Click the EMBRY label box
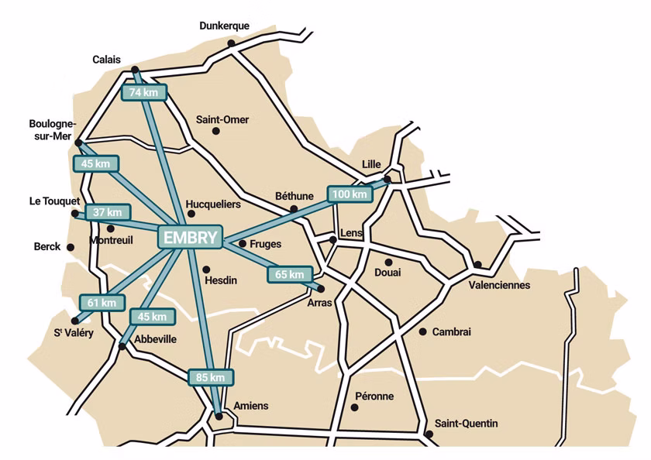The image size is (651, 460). [190, 238]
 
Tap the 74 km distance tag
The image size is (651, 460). [144, 92]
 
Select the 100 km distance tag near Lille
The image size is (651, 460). [350, 194]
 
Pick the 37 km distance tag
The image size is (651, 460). [108, 211]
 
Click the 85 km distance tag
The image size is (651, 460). [211, 377]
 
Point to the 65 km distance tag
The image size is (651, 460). [291, 274]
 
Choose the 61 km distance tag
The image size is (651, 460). [102, 302]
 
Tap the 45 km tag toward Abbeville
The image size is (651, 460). [151, 316]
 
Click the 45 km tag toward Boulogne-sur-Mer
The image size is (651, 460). [96, 163]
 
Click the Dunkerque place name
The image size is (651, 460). [224, 26]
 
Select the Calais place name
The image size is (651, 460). [106, 59]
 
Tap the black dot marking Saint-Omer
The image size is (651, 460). [216, 131]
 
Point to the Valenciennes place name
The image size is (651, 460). [499, 285]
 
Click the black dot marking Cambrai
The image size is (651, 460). [422, 331]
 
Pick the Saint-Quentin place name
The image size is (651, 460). [466, 424]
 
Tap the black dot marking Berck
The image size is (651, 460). [71, 247]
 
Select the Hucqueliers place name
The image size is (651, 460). [214, 204]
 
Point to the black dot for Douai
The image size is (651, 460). [388, 262]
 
